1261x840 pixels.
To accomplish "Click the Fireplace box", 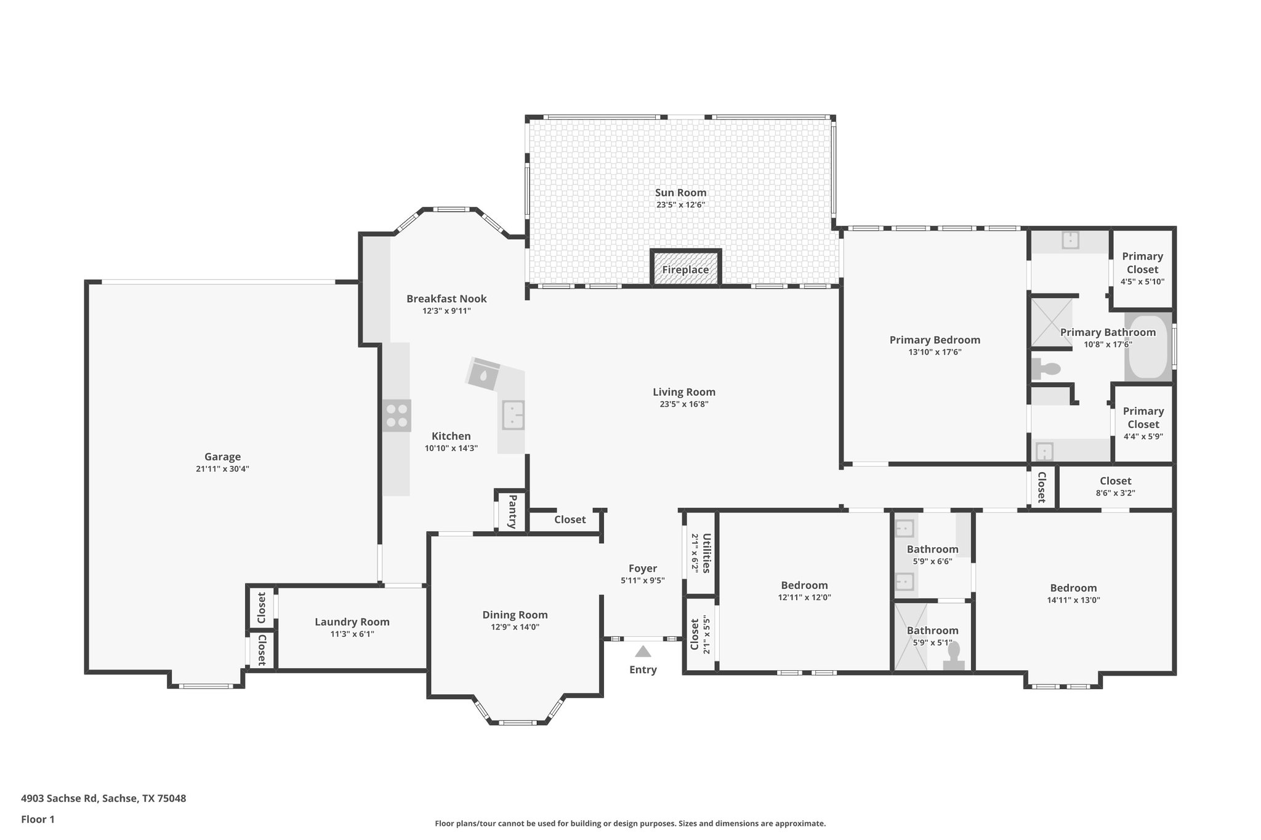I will tap(685, 269).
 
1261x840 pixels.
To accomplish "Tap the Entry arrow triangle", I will tap(643, 652).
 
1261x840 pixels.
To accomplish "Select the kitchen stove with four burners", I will tap(397, 415).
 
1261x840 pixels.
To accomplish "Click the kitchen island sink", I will tap(513, 415).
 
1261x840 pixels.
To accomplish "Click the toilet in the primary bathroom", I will tap(1046, 369).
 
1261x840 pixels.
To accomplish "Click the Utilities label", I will tap(706, 553).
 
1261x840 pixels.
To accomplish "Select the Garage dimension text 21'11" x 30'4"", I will tap(222, 469).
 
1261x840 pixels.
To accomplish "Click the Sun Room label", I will tap(680, 193).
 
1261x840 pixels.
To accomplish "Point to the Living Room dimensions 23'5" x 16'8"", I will tap(683, 404).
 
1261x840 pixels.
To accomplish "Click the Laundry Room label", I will tap(352, 622).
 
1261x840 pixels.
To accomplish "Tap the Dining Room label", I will tap(515, 615).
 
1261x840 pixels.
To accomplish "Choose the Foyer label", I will tap(643, 569).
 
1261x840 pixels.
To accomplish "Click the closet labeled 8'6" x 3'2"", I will tap(1115, 487).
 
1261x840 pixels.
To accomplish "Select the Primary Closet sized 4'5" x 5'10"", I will tap(1142, 269).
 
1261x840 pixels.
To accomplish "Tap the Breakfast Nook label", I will tap(446, 299).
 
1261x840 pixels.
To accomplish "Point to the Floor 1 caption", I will tap(38, 820).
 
